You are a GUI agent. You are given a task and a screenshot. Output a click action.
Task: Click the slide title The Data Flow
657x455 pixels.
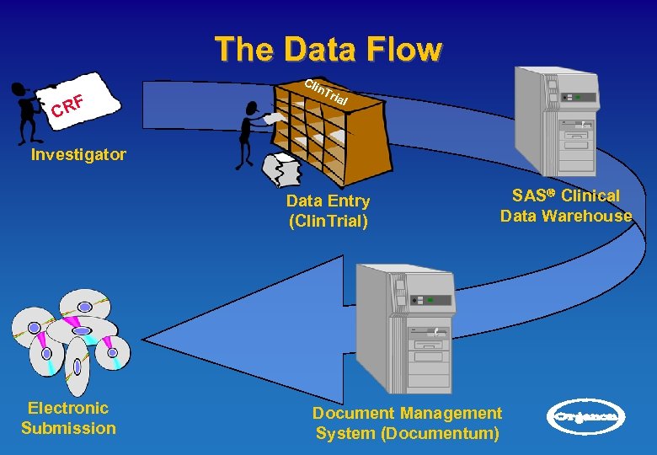(328, 49)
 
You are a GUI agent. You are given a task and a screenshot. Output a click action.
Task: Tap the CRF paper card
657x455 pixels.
(77, 102)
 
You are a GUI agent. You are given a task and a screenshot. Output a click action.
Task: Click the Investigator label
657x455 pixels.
(78, 154)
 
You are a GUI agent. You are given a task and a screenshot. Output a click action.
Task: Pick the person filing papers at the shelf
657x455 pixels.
(249, 135)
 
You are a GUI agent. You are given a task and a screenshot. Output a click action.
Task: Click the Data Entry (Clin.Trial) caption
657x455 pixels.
(328, 211)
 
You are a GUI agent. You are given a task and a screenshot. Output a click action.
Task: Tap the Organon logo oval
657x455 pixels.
(587, 415)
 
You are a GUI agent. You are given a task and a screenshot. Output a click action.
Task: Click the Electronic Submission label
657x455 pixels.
(68, 418)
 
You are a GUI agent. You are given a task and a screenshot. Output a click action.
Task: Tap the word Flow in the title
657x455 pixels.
(406, 49)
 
